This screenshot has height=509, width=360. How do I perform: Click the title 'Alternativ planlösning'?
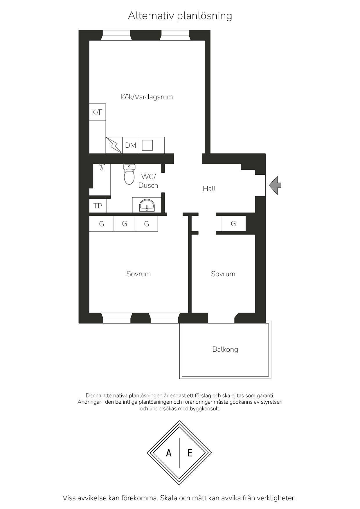click(x=180, y=16)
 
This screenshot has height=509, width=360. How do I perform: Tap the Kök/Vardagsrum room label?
click(x=147, y=97)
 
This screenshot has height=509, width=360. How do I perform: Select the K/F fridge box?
click(x=97, y=112)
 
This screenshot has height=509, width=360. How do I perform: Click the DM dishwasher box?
click(x=131, y=145)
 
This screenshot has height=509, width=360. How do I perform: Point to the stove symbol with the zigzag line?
click(x=114, y=145)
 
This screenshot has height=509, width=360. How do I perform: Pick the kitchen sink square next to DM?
click(x=147, y=145)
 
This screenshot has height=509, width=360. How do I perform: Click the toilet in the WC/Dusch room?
click(x=129, y=174)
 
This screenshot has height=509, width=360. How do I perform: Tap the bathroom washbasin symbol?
click(x=147, y=205)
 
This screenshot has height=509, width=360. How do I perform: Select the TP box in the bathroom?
click(x=98, y=206)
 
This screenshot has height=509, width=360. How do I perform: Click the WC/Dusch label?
click(x=148, y=181)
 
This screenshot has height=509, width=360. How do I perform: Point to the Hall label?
click(x=209, y=189)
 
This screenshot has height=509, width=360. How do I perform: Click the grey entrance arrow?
click(x=275, y=185)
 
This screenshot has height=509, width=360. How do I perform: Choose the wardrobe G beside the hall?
click(x=233, y=224)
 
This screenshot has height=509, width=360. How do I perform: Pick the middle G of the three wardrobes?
click(x=124, y=224)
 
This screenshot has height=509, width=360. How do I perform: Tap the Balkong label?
click(x=225, y=349)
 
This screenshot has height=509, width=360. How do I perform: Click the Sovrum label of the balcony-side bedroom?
click(x=223, y=274)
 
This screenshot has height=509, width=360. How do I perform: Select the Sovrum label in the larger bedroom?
click(x=139, y=274)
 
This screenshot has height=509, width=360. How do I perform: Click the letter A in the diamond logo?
click(x=169, y=453)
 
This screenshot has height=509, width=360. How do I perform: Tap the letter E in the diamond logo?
click(x=190, y=453)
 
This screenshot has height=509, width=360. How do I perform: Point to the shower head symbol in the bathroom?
click(x=102, y=167)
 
